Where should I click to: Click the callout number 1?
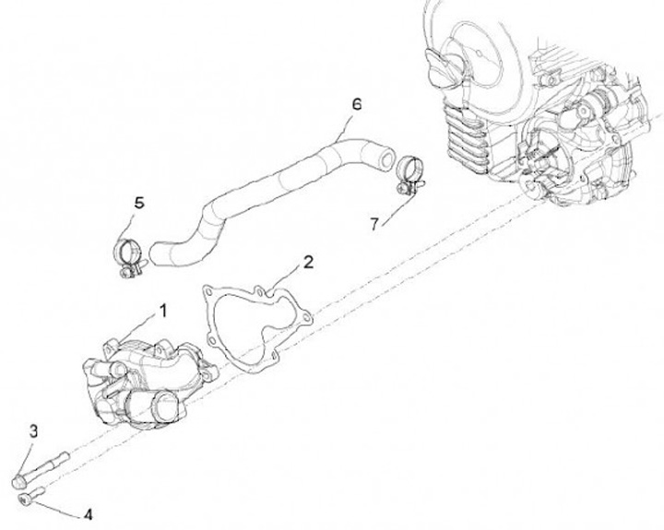(x=163, y=310)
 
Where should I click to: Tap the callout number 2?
(x=308, y=261)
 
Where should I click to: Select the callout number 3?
(x=33, y=430)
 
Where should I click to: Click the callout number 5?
(x=138, y=202)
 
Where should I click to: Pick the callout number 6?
(x=356, y=104)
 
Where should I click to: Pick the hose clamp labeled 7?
(x=408, y=176)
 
